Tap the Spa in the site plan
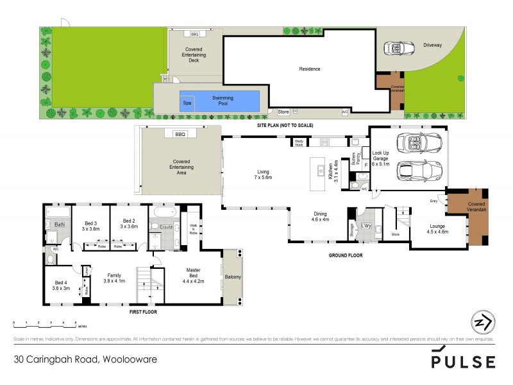pyautogui.click(x=187, y=103)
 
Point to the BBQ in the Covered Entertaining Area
pyautogui.click(x=179, y=134)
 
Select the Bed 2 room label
pyautogui.click(x=129, y=224)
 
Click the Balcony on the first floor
pyautogui.click(x=233, y=277)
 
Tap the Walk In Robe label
pyautogui.click(x=193, y=229)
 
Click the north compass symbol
pyautogui.click(x=482, y=321)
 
